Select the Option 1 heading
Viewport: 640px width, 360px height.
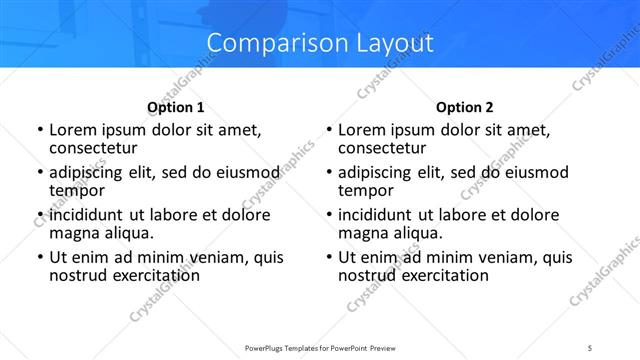pyautogui.click(x=175, y=107)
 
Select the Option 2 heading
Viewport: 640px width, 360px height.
pyautogui.click(x=464, y=107)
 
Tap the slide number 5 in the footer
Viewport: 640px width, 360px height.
pyautogui.click(x=590, y=348)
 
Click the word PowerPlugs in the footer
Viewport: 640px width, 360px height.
pyautogui.click(x=266, y=348)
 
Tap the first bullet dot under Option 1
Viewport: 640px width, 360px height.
pyautogui.click(x=40, y=131)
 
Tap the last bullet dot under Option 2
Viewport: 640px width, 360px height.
pyautogui.click(x=329, y=258)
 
